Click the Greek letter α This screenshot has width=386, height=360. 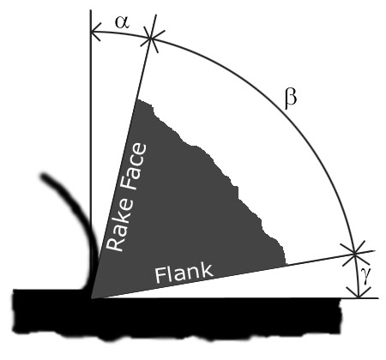pos(122,22)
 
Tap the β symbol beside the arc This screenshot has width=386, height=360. pos(291,99)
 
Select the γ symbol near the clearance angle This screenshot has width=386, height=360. pos(366,276)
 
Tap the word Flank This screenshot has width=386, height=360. pos(184,273)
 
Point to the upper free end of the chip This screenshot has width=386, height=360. pos(45,177)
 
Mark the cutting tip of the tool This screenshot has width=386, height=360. pos(92,298)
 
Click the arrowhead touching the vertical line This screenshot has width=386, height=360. pos(96,32)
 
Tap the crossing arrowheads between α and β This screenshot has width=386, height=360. pos(151,38)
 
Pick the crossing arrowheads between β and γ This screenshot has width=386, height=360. pos(355,253)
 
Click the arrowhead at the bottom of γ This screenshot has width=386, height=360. pos(359,293)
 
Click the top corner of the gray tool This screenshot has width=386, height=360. pos(136,99)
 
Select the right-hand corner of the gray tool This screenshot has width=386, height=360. pos(286,265)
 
